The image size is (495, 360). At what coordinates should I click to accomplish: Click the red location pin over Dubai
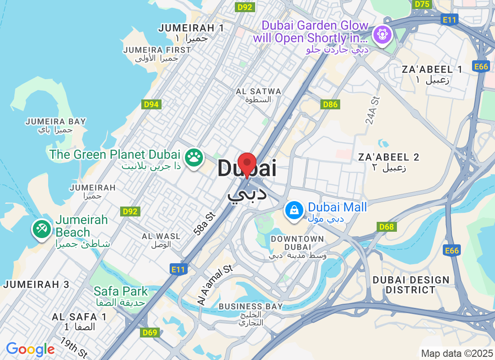247,165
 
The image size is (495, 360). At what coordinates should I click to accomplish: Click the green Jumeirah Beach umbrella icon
42,229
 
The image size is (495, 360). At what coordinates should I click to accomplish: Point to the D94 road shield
151,104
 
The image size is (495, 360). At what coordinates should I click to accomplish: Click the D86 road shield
330,104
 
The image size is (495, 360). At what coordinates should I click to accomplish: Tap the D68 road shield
387,227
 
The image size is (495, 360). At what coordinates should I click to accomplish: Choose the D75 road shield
423,4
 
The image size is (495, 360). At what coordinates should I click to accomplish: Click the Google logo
31,349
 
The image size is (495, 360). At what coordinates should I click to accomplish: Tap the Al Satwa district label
258,95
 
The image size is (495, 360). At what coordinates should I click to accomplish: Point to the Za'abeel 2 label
389,162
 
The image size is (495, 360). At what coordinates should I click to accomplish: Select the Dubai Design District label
411,285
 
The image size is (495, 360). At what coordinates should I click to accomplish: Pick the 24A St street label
373,110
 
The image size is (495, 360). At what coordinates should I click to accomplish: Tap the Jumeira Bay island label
55,126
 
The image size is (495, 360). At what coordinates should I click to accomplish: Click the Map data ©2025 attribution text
456,353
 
